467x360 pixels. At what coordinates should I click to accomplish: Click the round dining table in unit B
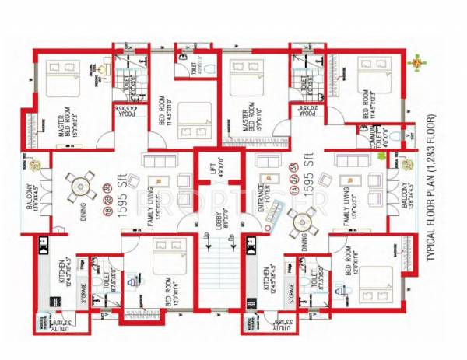(79, 185)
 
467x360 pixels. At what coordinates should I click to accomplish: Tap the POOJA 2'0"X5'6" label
(304, 111)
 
